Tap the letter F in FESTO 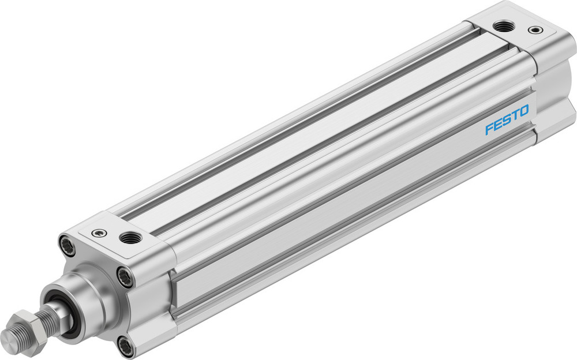pos(489,129)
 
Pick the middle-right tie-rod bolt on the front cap pos(125,277)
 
